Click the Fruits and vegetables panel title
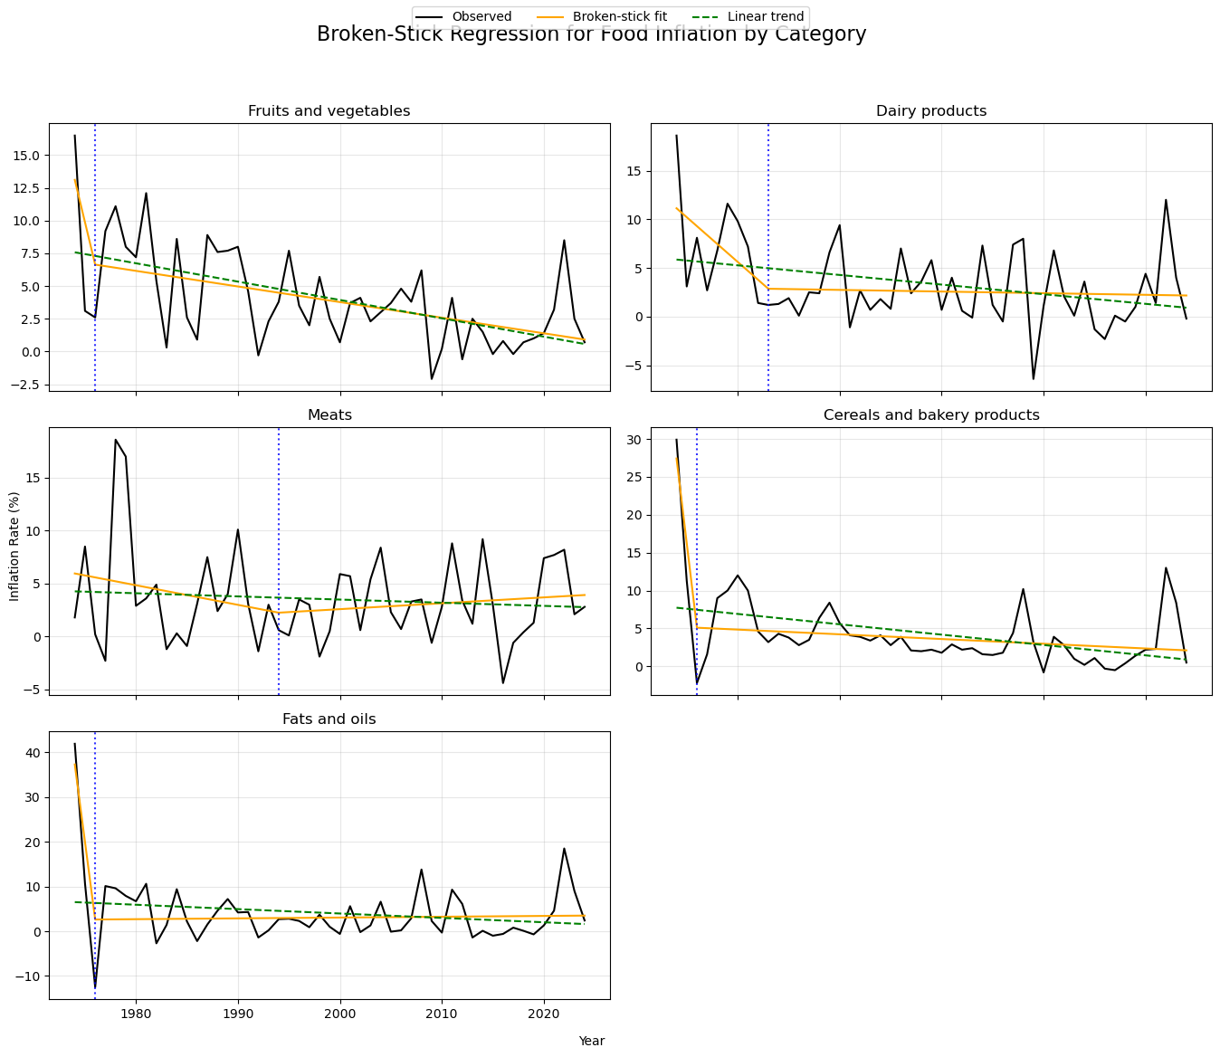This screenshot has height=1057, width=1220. [329, 111]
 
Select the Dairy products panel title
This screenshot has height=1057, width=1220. [930, 111]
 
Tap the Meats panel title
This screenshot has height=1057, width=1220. [329, 415]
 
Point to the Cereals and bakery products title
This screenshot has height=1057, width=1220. [930, 415]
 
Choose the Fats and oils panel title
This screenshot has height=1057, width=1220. [329, 719]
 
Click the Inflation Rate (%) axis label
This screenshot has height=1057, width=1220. [14, 547]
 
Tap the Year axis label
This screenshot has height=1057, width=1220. [591, 1042]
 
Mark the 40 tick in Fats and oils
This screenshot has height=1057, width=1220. [33, 753]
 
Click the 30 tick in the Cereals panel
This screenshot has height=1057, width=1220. [634, 440]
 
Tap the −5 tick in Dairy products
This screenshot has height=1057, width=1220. [634, 366]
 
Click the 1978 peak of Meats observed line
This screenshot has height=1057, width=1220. [116, 440]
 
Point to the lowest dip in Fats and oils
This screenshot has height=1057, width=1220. [95, 988]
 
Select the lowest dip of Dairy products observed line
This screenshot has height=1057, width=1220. [1033, 378]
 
